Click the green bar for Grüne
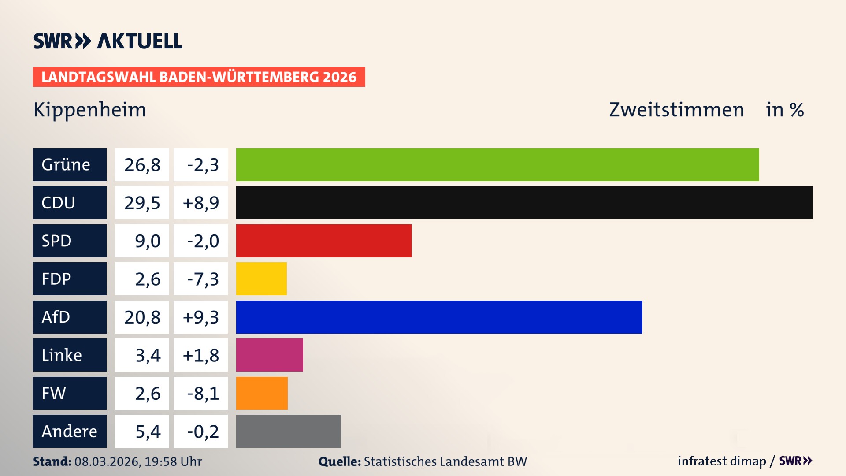497,164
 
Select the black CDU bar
524,202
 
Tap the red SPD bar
323,241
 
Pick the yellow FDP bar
261,279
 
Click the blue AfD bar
439,317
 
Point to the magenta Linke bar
269,355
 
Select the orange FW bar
262,393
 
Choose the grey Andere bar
288,431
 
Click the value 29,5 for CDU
142,203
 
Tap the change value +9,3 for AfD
200,317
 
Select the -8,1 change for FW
203,394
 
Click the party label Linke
62,355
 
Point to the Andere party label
69,431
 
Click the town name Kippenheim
89,110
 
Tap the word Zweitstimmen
676,110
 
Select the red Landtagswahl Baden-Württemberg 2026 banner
199,77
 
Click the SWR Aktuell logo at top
108,41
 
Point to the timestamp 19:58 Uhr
173,461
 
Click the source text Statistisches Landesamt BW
445,461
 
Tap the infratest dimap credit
722,461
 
